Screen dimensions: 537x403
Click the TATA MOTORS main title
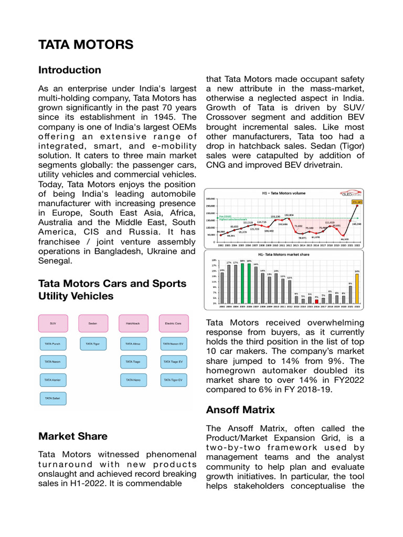pyautogui.click(x=86, y=45)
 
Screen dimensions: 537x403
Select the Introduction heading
pyautogui.click(x=70, y=70)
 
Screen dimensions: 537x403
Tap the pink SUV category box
pyautogui.click(x=53, y=324)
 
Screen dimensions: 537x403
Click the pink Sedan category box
pyautogui.click(x=93, y=324)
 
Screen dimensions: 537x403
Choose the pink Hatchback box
pyautogui.click(x=133, y=324)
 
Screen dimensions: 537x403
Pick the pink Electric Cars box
pyautogui.click(x=173, y=324)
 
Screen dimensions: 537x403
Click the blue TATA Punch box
pyautogui.click(x=53, y=345)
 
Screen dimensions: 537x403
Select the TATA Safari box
pyautogui.click(x=53, y=399)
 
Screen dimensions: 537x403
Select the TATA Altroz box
pyautogui.click(x=133, y=345)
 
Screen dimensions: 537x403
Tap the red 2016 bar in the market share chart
pyautogui.click(x=316, y=301)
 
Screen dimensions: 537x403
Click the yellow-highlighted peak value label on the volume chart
pyautogui.click(x=357, y=201)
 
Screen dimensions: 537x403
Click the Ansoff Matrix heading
pyautogui.click(x=240, y=410)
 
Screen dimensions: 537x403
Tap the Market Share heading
pyautogui.click(x=73, y=436)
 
